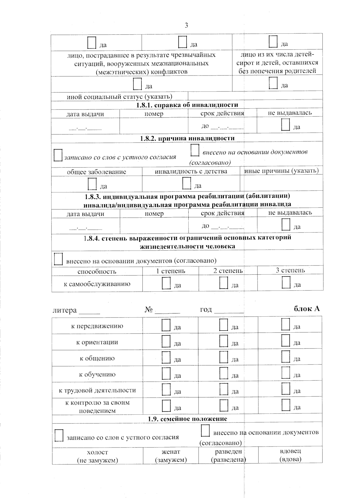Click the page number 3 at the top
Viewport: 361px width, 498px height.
pos(186,25)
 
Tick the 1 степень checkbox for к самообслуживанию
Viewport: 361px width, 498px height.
pos(166,283)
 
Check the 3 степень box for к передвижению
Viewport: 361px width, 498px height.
pos(285,324)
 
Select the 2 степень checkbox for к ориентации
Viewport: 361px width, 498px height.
pos(224,341)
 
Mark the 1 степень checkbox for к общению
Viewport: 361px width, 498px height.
pos(166,357)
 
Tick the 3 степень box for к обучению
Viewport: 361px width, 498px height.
pos(286,373)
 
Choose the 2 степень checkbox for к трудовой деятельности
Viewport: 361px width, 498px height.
pos(224,389)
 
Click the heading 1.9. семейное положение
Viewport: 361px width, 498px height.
pos(187,419)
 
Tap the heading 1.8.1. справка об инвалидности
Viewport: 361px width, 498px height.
pos(187,105)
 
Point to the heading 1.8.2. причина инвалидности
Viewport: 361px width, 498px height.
pos(187,138)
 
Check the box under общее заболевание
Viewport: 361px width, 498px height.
pos(92,184)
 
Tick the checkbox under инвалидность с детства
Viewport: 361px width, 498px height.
pos(187,183)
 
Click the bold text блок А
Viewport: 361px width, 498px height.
pos(307,309)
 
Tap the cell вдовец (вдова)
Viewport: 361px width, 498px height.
pos(290,455)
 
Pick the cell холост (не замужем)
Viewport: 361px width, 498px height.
pos(97,456)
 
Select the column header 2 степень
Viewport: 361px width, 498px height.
pos(228,271)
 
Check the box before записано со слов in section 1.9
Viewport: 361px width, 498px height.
pos(59,435)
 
